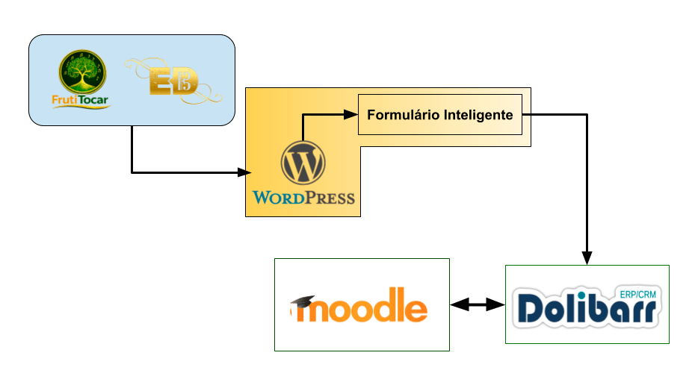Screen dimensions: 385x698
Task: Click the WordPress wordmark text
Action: [303, 198]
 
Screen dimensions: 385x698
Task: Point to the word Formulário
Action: [402, 115]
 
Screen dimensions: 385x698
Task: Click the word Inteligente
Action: [478, 115]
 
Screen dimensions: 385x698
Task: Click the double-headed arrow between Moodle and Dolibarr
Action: [478, 304]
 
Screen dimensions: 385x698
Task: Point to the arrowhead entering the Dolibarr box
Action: [587, 258]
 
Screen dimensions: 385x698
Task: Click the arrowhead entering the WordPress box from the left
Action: [244, 173]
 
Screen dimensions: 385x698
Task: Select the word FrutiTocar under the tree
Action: [81, 103]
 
